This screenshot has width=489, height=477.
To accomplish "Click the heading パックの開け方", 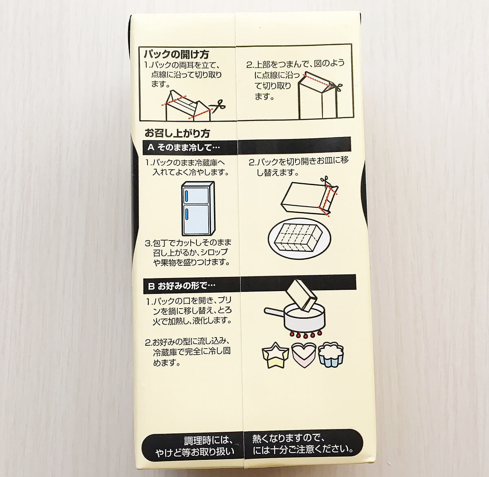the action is click(x=176, y=54).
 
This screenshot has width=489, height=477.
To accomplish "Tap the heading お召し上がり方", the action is click(x=177, y=133).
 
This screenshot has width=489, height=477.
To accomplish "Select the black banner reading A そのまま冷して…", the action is click(x=247, y=146).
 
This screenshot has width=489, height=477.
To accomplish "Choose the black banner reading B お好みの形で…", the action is click(x=249, y=284).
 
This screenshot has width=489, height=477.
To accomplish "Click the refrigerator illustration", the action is click(x=198, y=208).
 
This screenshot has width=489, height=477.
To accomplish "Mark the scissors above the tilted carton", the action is click(x=325, y=181).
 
